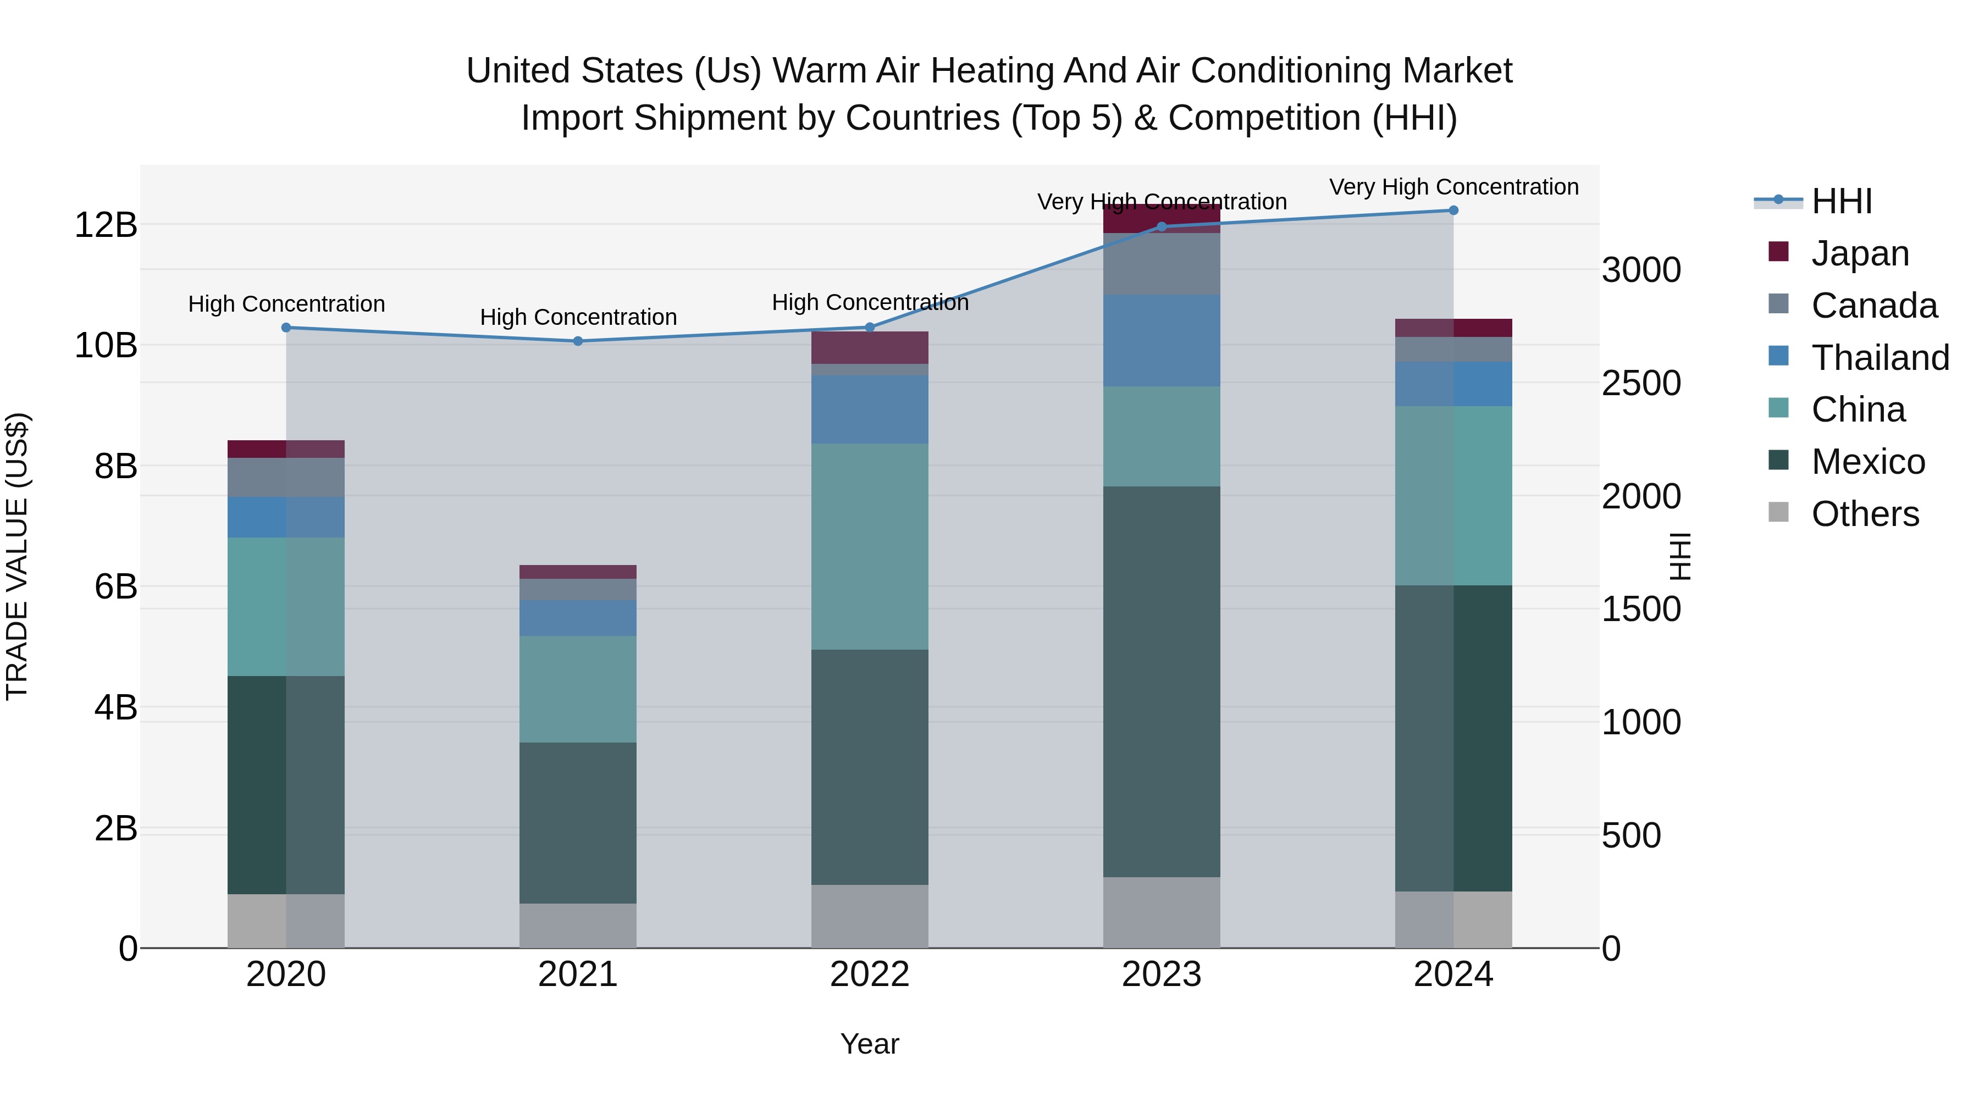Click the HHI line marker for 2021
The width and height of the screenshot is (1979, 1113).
tap(578, 341)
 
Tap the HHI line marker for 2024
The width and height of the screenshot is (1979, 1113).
tap(1453, 211)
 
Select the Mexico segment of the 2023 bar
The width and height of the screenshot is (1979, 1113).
tap(1161, 682)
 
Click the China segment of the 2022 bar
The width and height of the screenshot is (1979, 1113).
tap(869, 546)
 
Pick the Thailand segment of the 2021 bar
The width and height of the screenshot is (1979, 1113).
tap(578, 618)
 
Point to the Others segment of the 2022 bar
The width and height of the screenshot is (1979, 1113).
tap(869, 916)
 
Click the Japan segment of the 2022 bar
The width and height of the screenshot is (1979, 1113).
tap(869, 348)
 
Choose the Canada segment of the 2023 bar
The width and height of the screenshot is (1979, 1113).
tap(1161, 263)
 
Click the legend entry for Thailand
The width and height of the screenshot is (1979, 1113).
tap(1879, 358)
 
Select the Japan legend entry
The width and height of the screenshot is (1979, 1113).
tap(1859, 253)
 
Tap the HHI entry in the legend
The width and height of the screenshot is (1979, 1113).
tap(1840, 201)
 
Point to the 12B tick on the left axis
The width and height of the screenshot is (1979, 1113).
tap(105, 225)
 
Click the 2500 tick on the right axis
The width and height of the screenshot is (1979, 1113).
tap(1641, 383)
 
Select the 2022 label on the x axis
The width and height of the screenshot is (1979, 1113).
tap(869, 974)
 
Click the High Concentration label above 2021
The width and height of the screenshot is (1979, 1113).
tap(578, 317)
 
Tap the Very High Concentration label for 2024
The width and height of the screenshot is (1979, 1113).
tap(1453, 187)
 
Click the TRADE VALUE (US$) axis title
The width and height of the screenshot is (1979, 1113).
tap(17, 556)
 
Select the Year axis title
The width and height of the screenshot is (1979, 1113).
tap(869, 1044)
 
